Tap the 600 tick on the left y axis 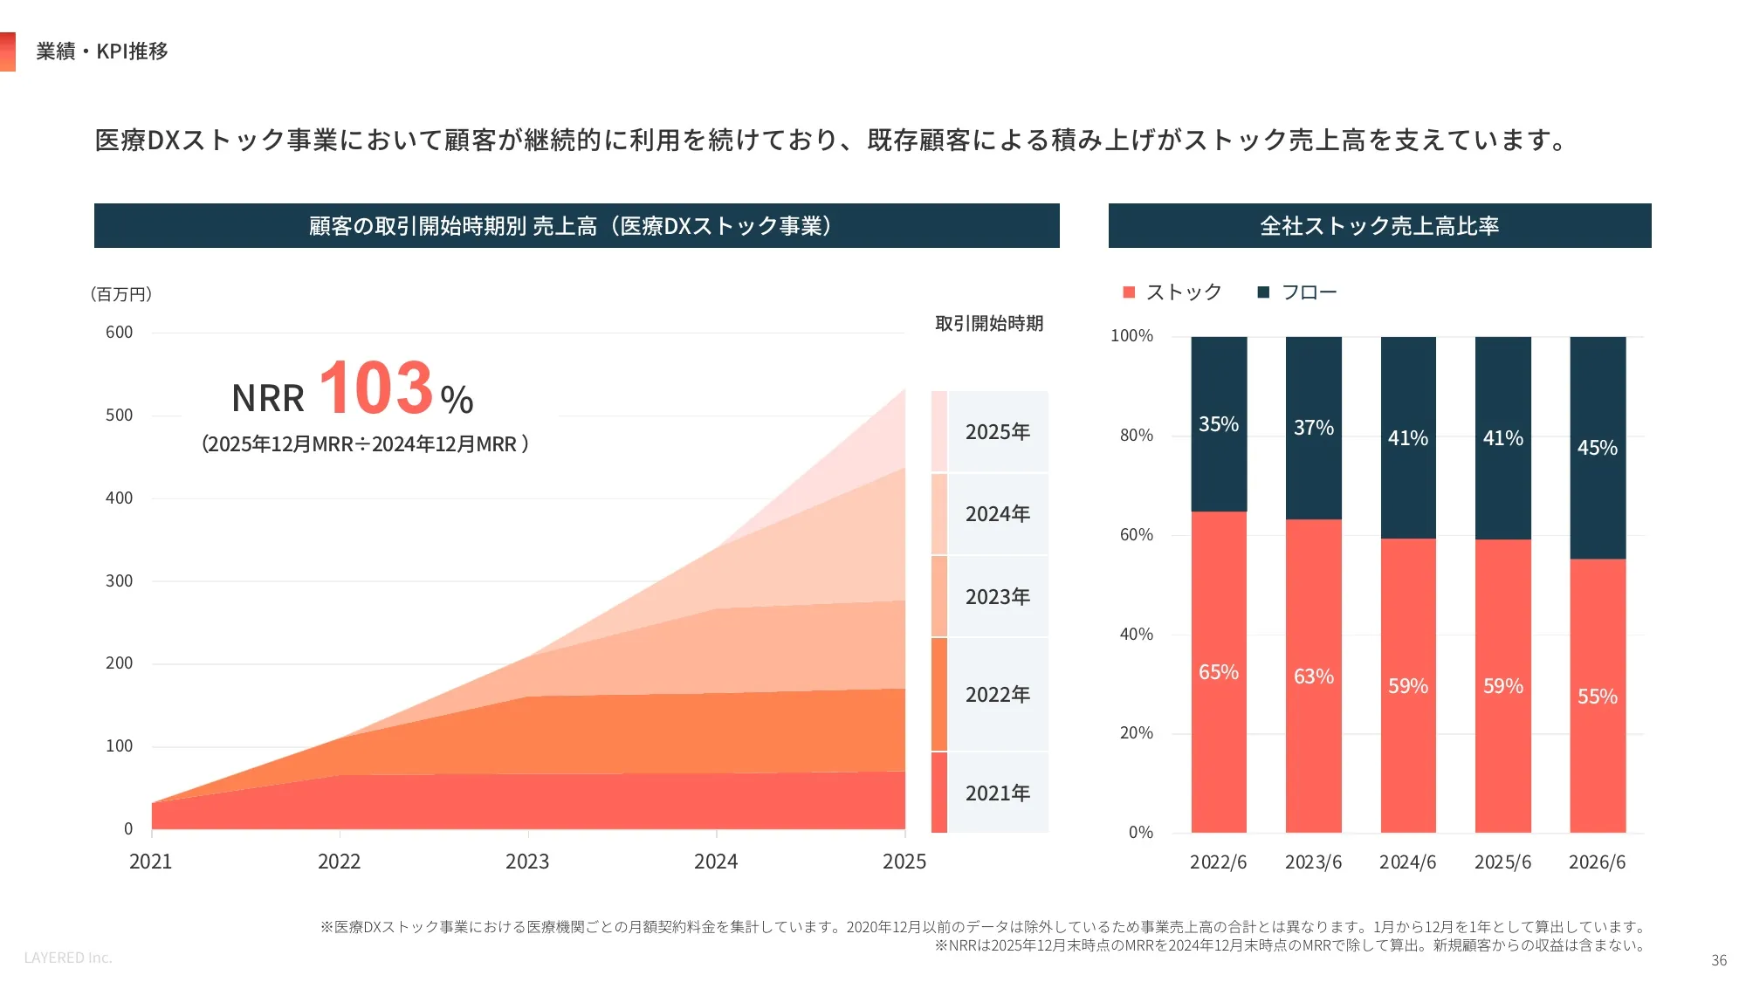(120, 333)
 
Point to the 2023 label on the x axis (527, 862)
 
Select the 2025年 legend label (998, 432)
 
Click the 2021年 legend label (998, 793)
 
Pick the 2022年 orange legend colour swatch (939, 694)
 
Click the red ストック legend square (1129, 292)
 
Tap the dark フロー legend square (1263, 292)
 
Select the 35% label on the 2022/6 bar (1219, 424)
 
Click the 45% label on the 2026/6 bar (1598, 448)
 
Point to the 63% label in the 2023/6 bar (1314, 676)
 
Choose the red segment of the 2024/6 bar (1408, 685)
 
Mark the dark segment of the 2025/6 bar (1503, 438)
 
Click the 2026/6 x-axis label (1598, 862)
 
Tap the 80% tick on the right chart (1137, 436)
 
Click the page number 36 (1719, 960)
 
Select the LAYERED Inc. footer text (68, 958)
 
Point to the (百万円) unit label (121, 294)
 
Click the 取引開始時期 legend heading (989, 324)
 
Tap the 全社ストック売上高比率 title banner (1380, 226)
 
